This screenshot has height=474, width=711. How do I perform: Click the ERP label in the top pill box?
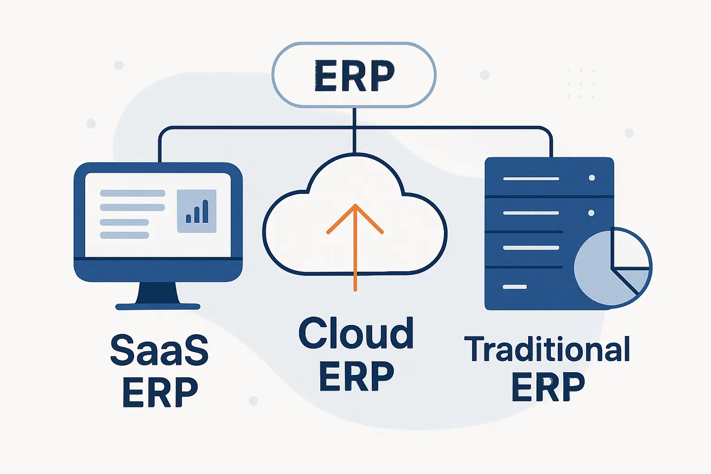tap(354, 75)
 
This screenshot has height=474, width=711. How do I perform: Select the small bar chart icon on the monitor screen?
tap(197, 211)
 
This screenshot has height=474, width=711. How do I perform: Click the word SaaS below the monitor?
tap(159, 350)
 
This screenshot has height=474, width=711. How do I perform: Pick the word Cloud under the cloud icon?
tap(355, 333)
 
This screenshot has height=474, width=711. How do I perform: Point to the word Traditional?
tap(547, 349)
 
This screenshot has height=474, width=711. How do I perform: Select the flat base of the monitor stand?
tap(158, 306)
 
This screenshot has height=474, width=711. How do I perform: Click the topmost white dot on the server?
tap(592, 178)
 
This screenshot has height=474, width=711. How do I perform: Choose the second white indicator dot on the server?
tap(591, 213)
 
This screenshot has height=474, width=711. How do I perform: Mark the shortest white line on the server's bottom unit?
tap(515, 287)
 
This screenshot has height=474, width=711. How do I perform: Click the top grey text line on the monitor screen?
tap(132, 193)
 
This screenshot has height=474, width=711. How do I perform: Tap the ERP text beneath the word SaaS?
tap(160, 393)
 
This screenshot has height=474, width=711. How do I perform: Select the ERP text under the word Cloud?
tap(356, 376)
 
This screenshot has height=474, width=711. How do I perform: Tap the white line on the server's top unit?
tap(531, 178)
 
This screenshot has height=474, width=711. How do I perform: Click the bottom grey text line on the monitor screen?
tap(125, 235)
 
